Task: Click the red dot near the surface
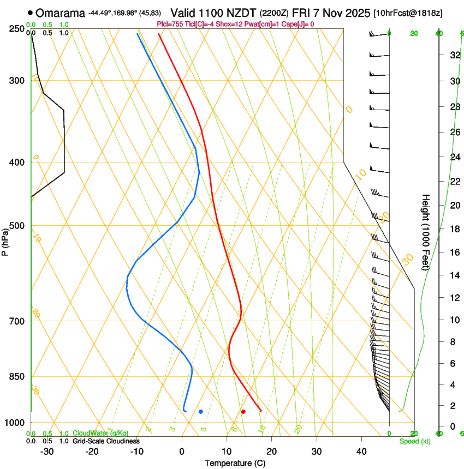tap(243, 411)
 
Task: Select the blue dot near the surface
tap(201, 411)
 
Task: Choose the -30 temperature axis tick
tap(47, 452)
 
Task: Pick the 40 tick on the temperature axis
tap(361, 452)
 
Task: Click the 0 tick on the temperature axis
tap(182, 452)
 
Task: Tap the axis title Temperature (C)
tap(235, 463)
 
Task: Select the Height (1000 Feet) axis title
tap(426, 232)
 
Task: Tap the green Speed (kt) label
tap(414, 441)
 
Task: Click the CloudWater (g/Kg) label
tap(100, 434)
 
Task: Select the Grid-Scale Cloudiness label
tap(106, 441)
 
